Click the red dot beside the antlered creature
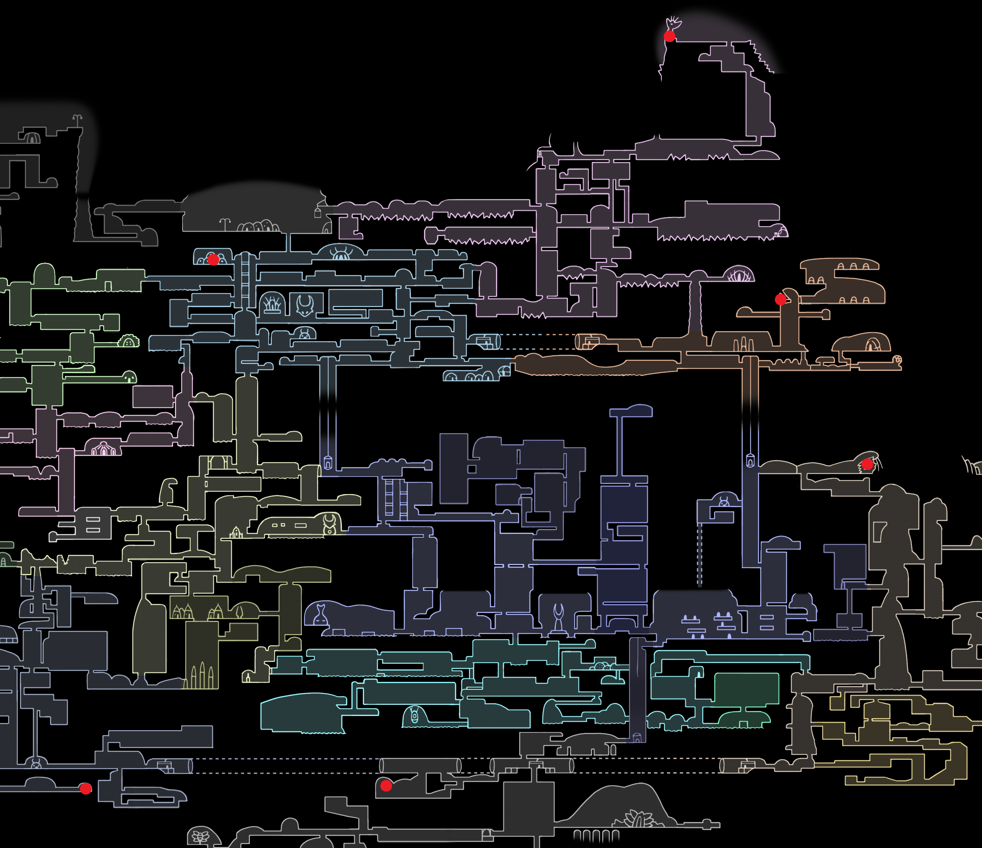pos(669,36)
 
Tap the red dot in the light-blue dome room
pos(213,259)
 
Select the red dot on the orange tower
pos(780,299)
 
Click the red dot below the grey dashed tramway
pos(386,786)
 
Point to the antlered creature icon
pos(673,23)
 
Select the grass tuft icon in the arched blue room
pos(273,304)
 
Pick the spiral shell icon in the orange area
pos(897,359)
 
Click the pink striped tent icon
pos(103,448)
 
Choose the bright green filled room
pos(747,689)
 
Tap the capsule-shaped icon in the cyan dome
pos(415,716)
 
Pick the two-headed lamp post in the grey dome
pos(225,223)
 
